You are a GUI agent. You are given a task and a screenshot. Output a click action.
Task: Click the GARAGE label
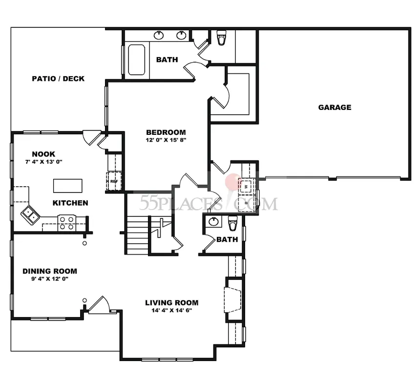[x=335, y=107]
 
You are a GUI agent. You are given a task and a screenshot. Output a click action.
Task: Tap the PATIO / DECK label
[x=58, y=79]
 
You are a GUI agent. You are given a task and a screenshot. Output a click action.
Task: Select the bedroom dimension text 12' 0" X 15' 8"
[x=166, y=140]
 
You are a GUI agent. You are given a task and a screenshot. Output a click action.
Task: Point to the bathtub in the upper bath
[x=137, y=60]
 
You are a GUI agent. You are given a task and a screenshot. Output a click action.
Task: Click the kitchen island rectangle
[x=68, y=186]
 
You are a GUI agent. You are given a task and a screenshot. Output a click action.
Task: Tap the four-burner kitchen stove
[x=67, y=223]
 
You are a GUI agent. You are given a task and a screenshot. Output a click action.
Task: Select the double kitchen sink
[x=30, y=215]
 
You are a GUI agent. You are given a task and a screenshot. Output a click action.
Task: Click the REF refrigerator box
[x=114, y=181]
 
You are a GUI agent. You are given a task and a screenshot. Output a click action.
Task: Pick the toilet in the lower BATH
[x=232, y=223]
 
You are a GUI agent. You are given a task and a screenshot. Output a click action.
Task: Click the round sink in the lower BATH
[x=213, y=221]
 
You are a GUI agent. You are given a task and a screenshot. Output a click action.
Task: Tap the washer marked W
[x=246, y=186]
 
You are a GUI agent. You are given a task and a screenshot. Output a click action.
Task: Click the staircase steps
[x=137, y=235]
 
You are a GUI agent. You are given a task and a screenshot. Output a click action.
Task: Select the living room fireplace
[x=233, y=300]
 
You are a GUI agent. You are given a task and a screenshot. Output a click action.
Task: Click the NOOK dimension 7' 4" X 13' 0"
[x=43, y=162]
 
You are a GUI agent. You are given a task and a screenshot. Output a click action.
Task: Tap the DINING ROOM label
[x=50, y=271]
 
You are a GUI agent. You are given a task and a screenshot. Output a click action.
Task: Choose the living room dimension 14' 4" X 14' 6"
[x=172, y=311]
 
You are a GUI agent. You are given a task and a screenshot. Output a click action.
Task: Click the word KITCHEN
[x=70, y=203]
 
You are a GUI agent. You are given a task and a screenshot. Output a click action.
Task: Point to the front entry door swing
[x=99, y=304]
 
